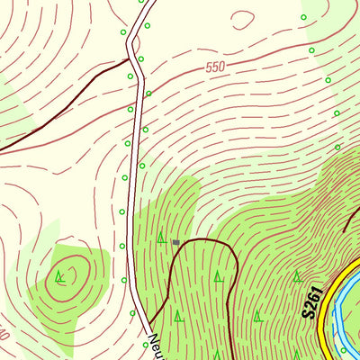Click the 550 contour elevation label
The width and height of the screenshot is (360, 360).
coord(214,67)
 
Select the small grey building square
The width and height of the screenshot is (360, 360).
coord(176,242)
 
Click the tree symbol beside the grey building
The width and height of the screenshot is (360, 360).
coord(161,238)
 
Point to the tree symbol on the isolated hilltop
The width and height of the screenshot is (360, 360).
coord(59,275)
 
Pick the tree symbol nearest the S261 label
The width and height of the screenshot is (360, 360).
coord(296,276)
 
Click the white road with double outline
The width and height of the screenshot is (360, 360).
coord(136,180)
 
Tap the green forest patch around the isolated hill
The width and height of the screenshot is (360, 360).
coord(85,288)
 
